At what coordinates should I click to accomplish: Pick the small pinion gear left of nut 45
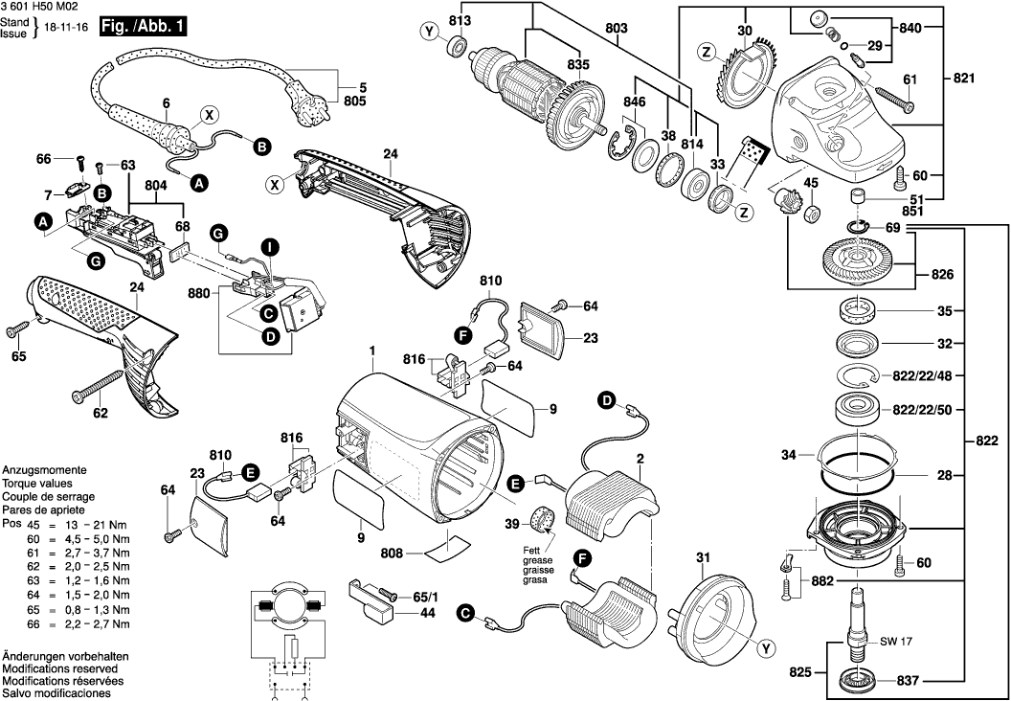click(788, 203)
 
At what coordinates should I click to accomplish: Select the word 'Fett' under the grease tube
click(529, 549)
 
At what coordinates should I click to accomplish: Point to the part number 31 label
click(703, 558)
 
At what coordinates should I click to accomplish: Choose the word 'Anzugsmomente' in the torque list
click(45, 472)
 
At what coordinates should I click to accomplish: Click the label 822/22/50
click(950, 409)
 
